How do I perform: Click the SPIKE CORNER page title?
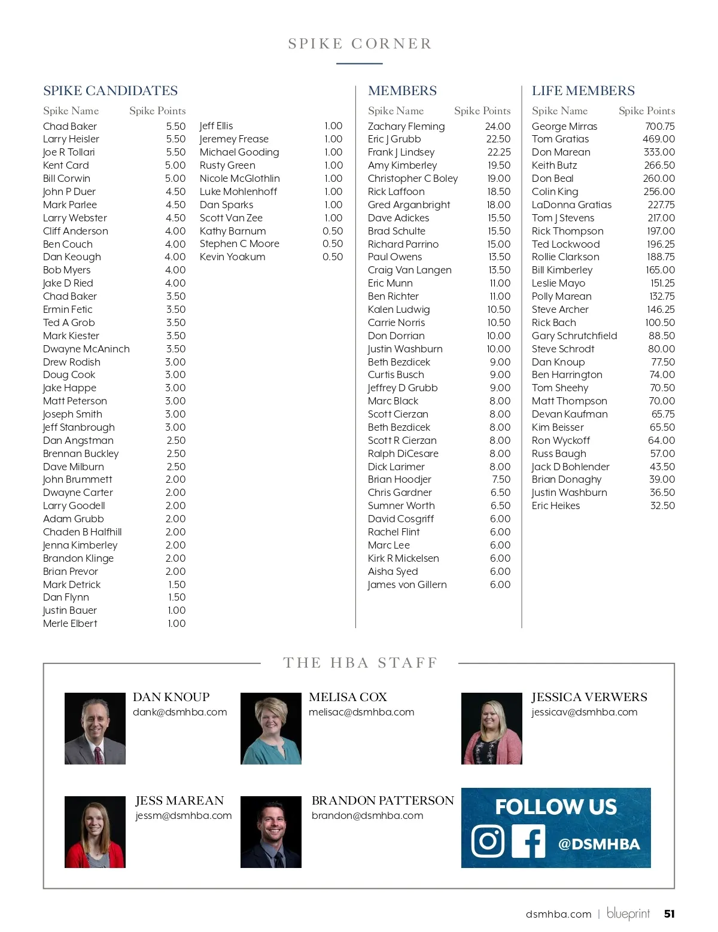pos(360,44)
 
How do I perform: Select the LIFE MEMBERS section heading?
pos(583,91)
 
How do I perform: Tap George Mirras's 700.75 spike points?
pos(659,126)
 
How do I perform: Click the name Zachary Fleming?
pos(406,126)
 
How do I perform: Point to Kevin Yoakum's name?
pos(232,257)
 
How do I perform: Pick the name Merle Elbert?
pos(70,623)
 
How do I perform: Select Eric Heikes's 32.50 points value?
pos(662,505)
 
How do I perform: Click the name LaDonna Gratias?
pos(571,205)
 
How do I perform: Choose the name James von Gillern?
pos(407,584)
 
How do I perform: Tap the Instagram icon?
pos(488,841)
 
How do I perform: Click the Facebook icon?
pos(528,841)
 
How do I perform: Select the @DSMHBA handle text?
pos(598,844)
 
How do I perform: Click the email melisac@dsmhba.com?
pos(361,712)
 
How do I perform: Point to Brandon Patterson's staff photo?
pos(271,832)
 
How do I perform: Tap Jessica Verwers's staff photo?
pos(491,728)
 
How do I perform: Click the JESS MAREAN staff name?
pos(180,800)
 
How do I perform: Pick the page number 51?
pos(669,913)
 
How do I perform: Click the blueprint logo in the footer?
pos(628,913)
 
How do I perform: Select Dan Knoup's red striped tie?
pos(98,755)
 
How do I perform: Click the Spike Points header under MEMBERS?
pos(482,111)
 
